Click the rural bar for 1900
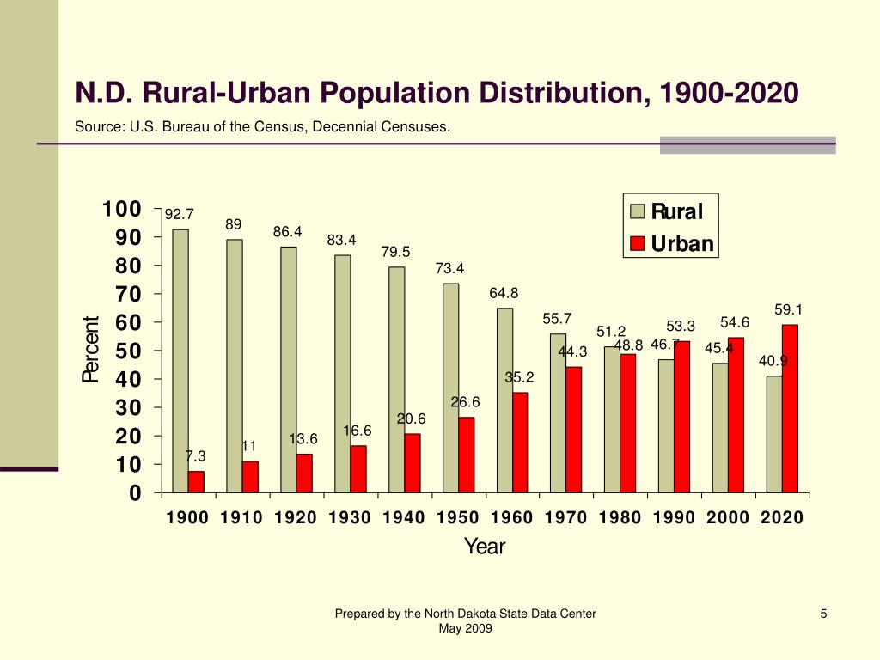click(x=180, y=361)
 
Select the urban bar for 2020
click(x=790, y=408)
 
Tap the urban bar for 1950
click(x=466, y=455)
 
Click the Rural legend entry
click(x=667, y=211)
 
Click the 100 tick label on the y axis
click(x=121, y=210)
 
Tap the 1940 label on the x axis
click(x=404, y=517)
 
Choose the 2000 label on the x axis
click(x=728, y=517)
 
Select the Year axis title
click(x=485, y=547)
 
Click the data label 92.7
click(x=180, y=214)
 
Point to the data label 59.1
click(x=788, y=309)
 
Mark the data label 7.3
click(x=195, y=455)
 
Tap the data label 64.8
click(x=504, y=293)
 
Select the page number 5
click(x=823, y=613)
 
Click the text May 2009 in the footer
click(x=465, y=628)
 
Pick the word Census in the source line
click(x=277, y=127)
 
